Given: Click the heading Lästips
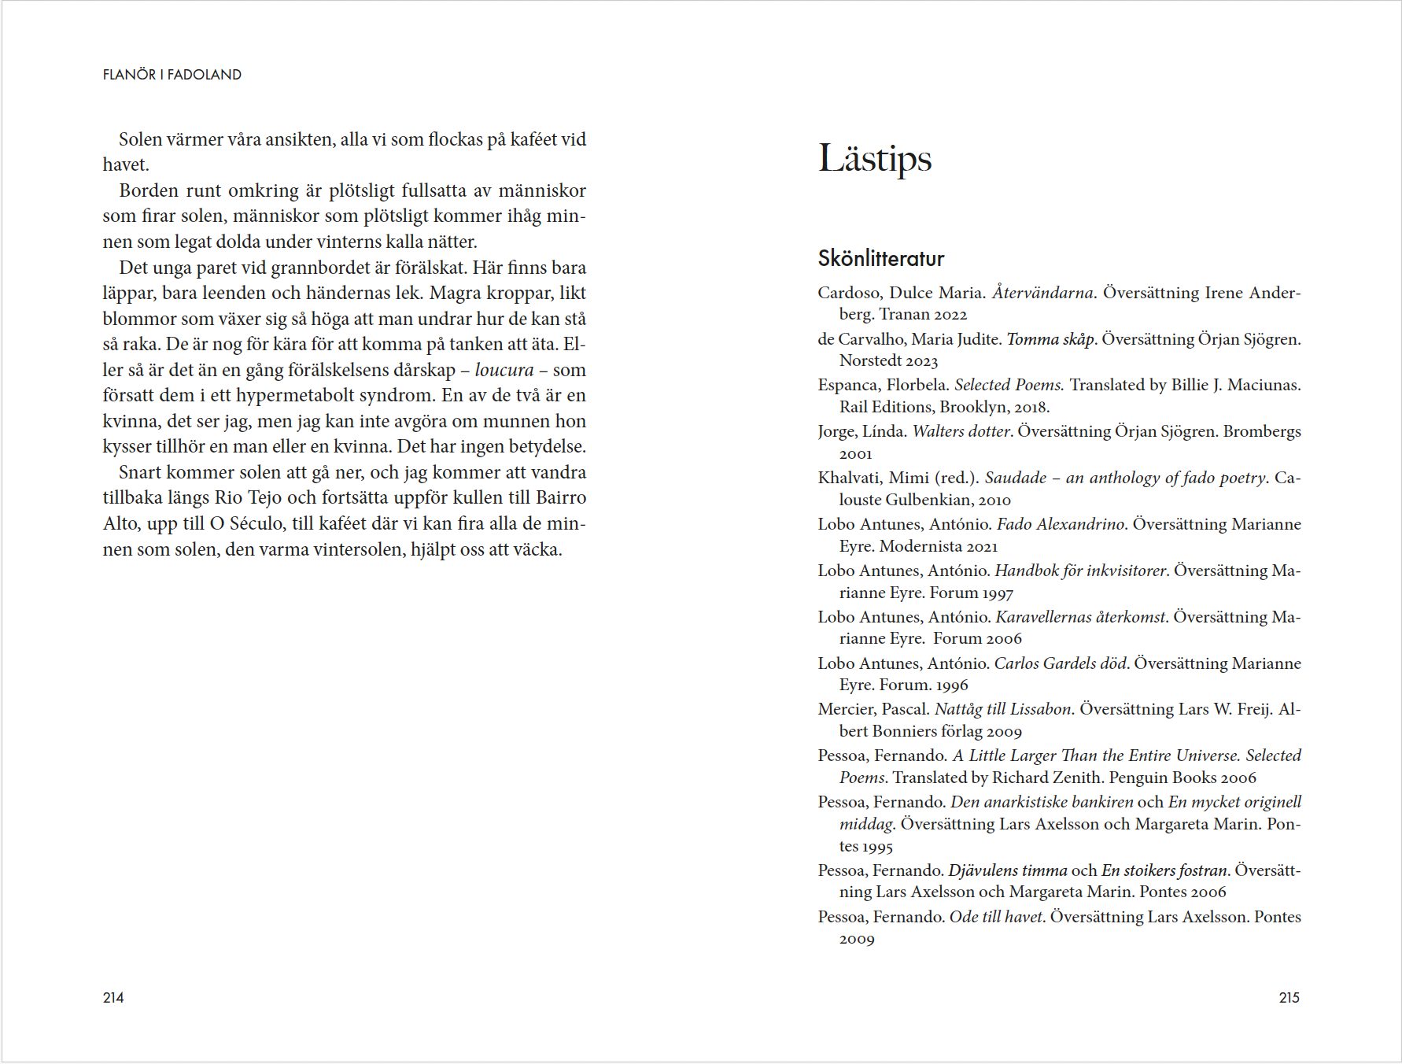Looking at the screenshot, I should point(874,158).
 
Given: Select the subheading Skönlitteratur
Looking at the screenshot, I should point(880,258).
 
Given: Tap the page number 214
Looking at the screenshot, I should point(113,998).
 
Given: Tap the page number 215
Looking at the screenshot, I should point(1289,998).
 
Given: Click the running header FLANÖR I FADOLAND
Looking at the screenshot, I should point(172,75).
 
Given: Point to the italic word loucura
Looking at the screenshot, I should point(504,370).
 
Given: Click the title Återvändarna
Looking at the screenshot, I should point(1042,293).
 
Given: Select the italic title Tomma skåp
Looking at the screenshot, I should point(1050,339).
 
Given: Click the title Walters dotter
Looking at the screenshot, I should point(961,431).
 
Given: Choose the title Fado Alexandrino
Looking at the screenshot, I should point(1060,524).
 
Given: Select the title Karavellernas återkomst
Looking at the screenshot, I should point(1079,617).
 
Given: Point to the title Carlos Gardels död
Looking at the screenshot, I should point(1061,663).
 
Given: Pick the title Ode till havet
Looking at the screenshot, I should point(996,917).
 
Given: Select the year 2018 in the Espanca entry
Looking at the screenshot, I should point(1030,407).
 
